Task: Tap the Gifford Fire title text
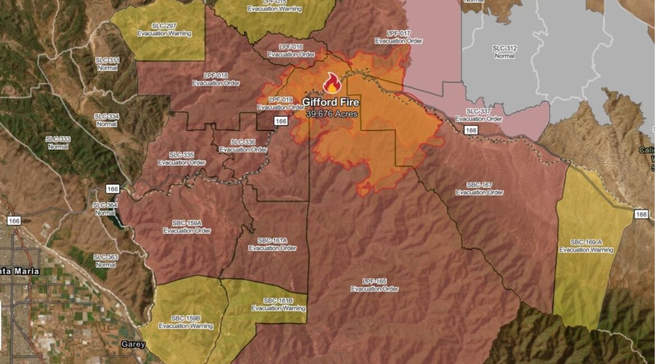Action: click(x=331, y=102)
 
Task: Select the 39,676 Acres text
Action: click(x=331, y=114)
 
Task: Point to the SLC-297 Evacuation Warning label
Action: click(x=164, y=30)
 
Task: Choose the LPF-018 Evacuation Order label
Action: click(x=216, y=79)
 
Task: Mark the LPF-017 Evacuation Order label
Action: click(x=399, y=37)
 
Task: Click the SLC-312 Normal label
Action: click(x=504, y=52)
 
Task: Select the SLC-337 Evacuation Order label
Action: click(x=478, y=115)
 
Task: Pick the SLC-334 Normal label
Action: click(x=106, y=119)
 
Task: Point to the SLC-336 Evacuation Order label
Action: click(x=243, y=146)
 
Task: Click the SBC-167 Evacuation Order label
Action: click(x=479, y=188)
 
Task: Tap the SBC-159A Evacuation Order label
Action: click(x=187, y=227)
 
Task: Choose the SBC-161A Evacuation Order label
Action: click(x=273, y=244)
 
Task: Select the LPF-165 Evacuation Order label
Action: click(x=375, y=285)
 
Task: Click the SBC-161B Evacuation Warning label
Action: click(x=278, y=304)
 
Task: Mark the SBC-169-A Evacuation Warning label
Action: click(x=586, y=246)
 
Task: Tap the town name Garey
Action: click(x=133, y=344)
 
